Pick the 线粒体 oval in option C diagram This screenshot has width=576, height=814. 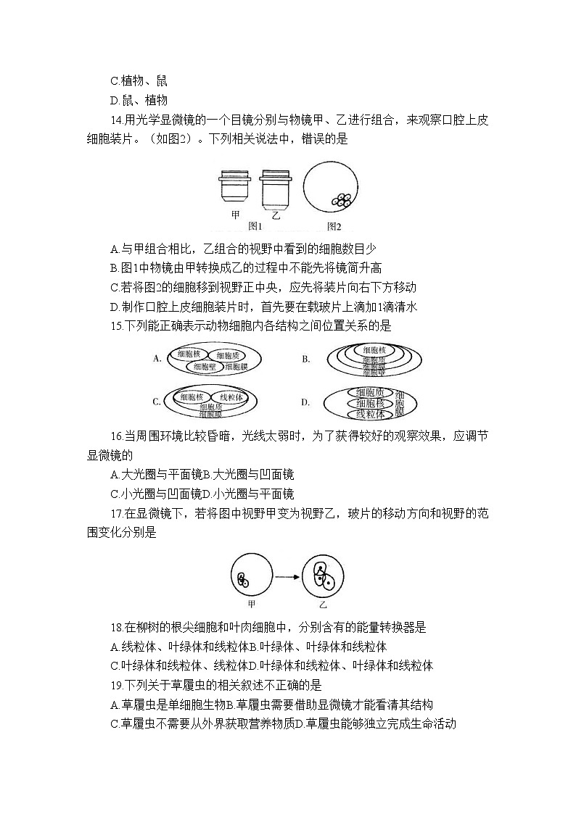[234, 397]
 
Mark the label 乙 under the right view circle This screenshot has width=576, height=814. [323, 604]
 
